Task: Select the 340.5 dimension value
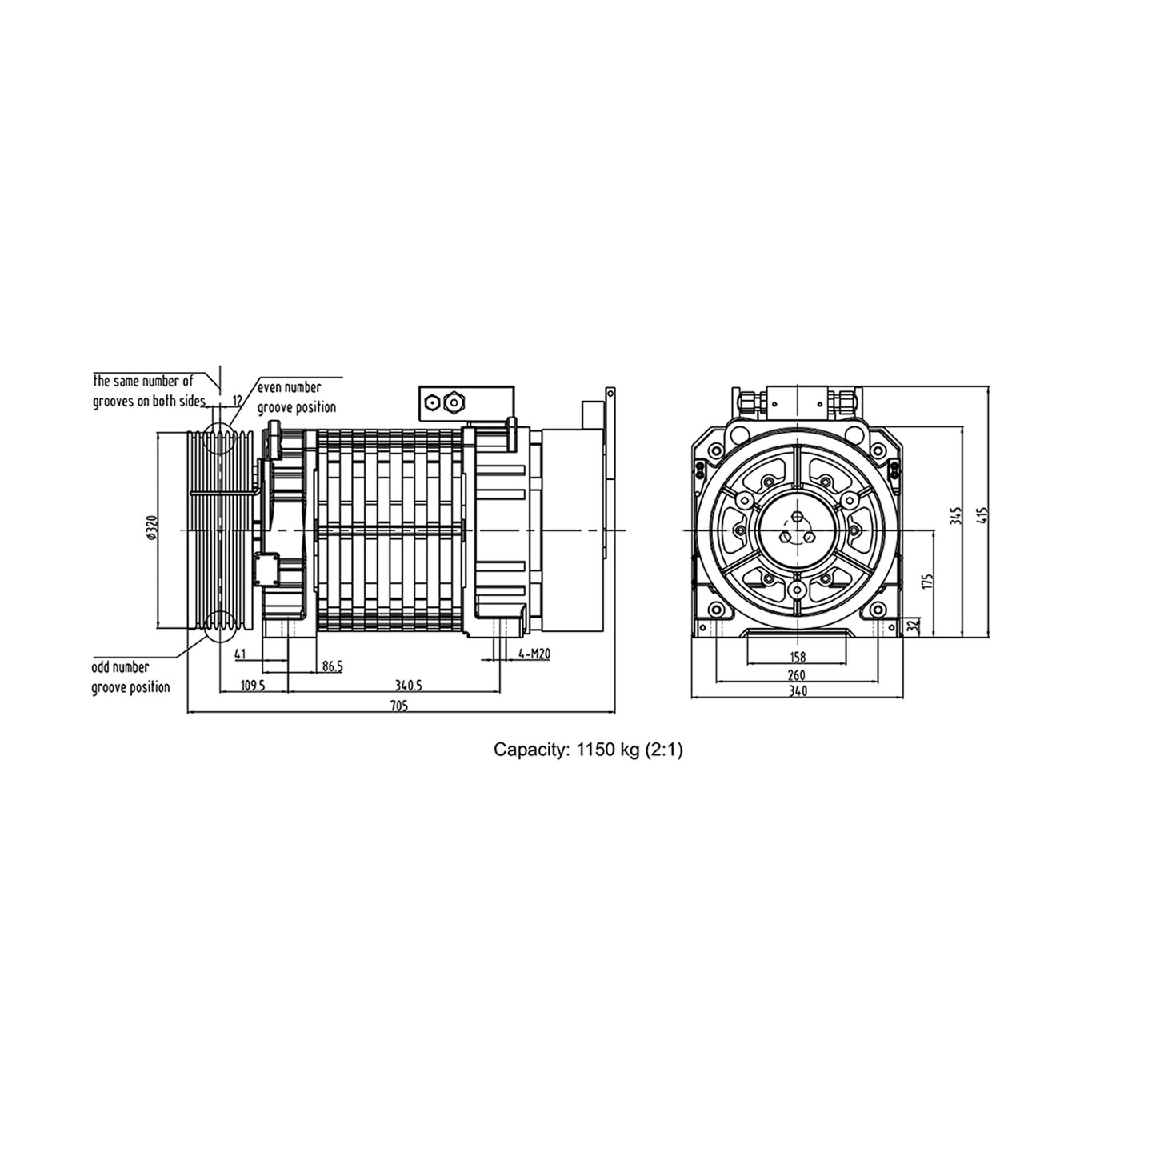(409, 686)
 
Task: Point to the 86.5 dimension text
(331, 666)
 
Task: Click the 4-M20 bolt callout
(534, 654)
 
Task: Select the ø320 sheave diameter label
(152, 530)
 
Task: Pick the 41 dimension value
(240, 654)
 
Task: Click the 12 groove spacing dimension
(237, 399)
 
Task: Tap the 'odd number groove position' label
(130, 677)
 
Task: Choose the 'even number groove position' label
(295, 397)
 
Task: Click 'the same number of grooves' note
(150, 390)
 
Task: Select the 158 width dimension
(797, 658)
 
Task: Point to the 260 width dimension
(797, 675)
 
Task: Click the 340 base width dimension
(797, 692)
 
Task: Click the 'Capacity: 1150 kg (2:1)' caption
(588, 750)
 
